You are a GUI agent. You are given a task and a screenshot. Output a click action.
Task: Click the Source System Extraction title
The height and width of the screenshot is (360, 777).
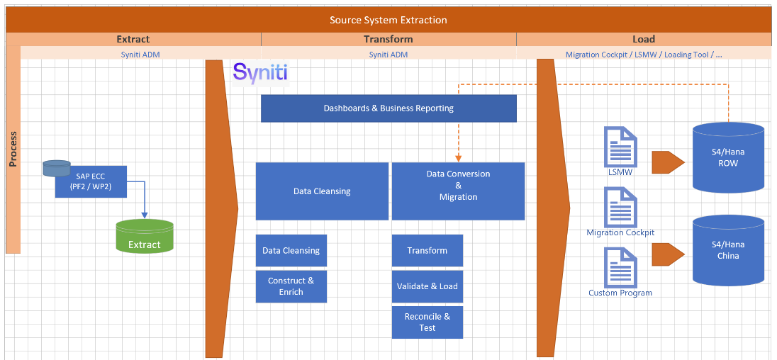[388, 20]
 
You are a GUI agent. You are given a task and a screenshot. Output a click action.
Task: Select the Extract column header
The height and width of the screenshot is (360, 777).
[133, 39]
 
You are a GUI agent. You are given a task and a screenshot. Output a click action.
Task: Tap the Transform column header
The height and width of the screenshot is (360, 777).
[388, 39]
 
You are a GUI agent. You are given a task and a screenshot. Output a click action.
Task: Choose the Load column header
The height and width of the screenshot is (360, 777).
[643, 39]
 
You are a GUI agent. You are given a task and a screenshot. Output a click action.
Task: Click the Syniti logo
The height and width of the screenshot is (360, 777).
[260, 73]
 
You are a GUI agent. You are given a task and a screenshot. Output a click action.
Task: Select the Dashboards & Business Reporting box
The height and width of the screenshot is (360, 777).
[388, 108]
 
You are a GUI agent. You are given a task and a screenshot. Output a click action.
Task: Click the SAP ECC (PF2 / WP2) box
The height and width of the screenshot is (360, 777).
[91, 181]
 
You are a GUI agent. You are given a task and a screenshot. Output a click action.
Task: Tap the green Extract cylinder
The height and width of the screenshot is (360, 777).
[145, 237]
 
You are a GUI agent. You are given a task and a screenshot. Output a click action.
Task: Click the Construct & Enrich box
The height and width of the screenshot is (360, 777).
[291, 286]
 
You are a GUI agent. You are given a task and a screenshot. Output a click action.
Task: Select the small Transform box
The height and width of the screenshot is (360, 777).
[427, 250]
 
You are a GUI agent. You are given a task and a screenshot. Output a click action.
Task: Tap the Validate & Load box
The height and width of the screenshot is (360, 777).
[427, 286]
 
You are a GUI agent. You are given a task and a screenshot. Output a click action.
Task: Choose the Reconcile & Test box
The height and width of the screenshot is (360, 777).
[427, 322]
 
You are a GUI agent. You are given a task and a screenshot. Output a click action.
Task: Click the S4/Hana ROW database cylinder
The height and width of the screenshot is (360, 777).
[728, 157]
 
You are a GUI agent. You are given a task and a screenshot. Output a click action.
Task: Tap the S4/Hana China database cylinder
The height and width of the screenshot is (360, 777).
[728, 250]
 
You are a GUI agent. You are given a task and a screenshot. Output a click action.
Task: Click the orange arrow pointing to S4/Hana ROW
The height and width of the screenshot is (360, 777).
[667, 162]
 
